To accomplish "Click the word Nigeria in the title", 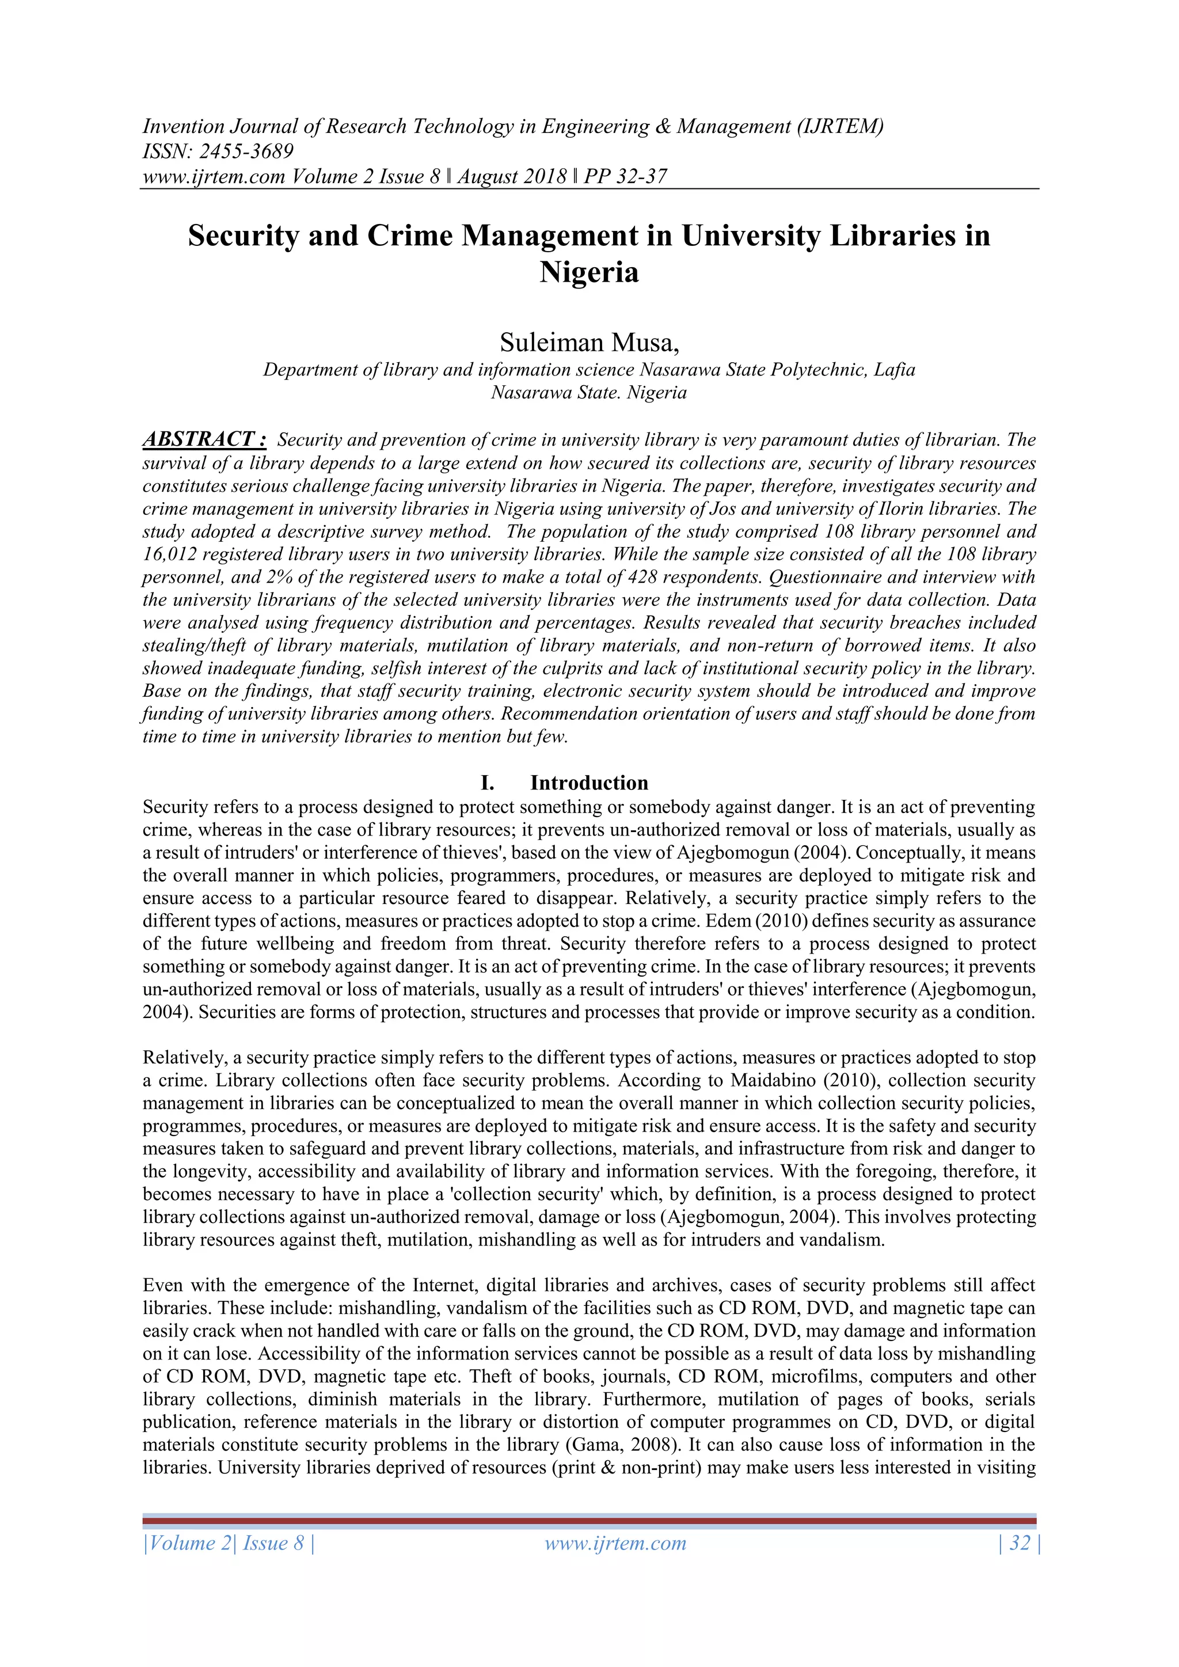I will pos(589,273).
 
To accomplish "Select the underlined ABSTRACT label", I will pos(204,439).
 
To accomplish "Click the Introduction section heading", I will pos(589,783).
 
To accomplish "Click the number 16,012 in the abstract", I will pos(169,555).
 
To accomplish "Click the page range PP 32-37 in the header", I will pos(625,176).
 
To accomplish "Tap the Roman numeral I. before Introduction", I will pos(487,783).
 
